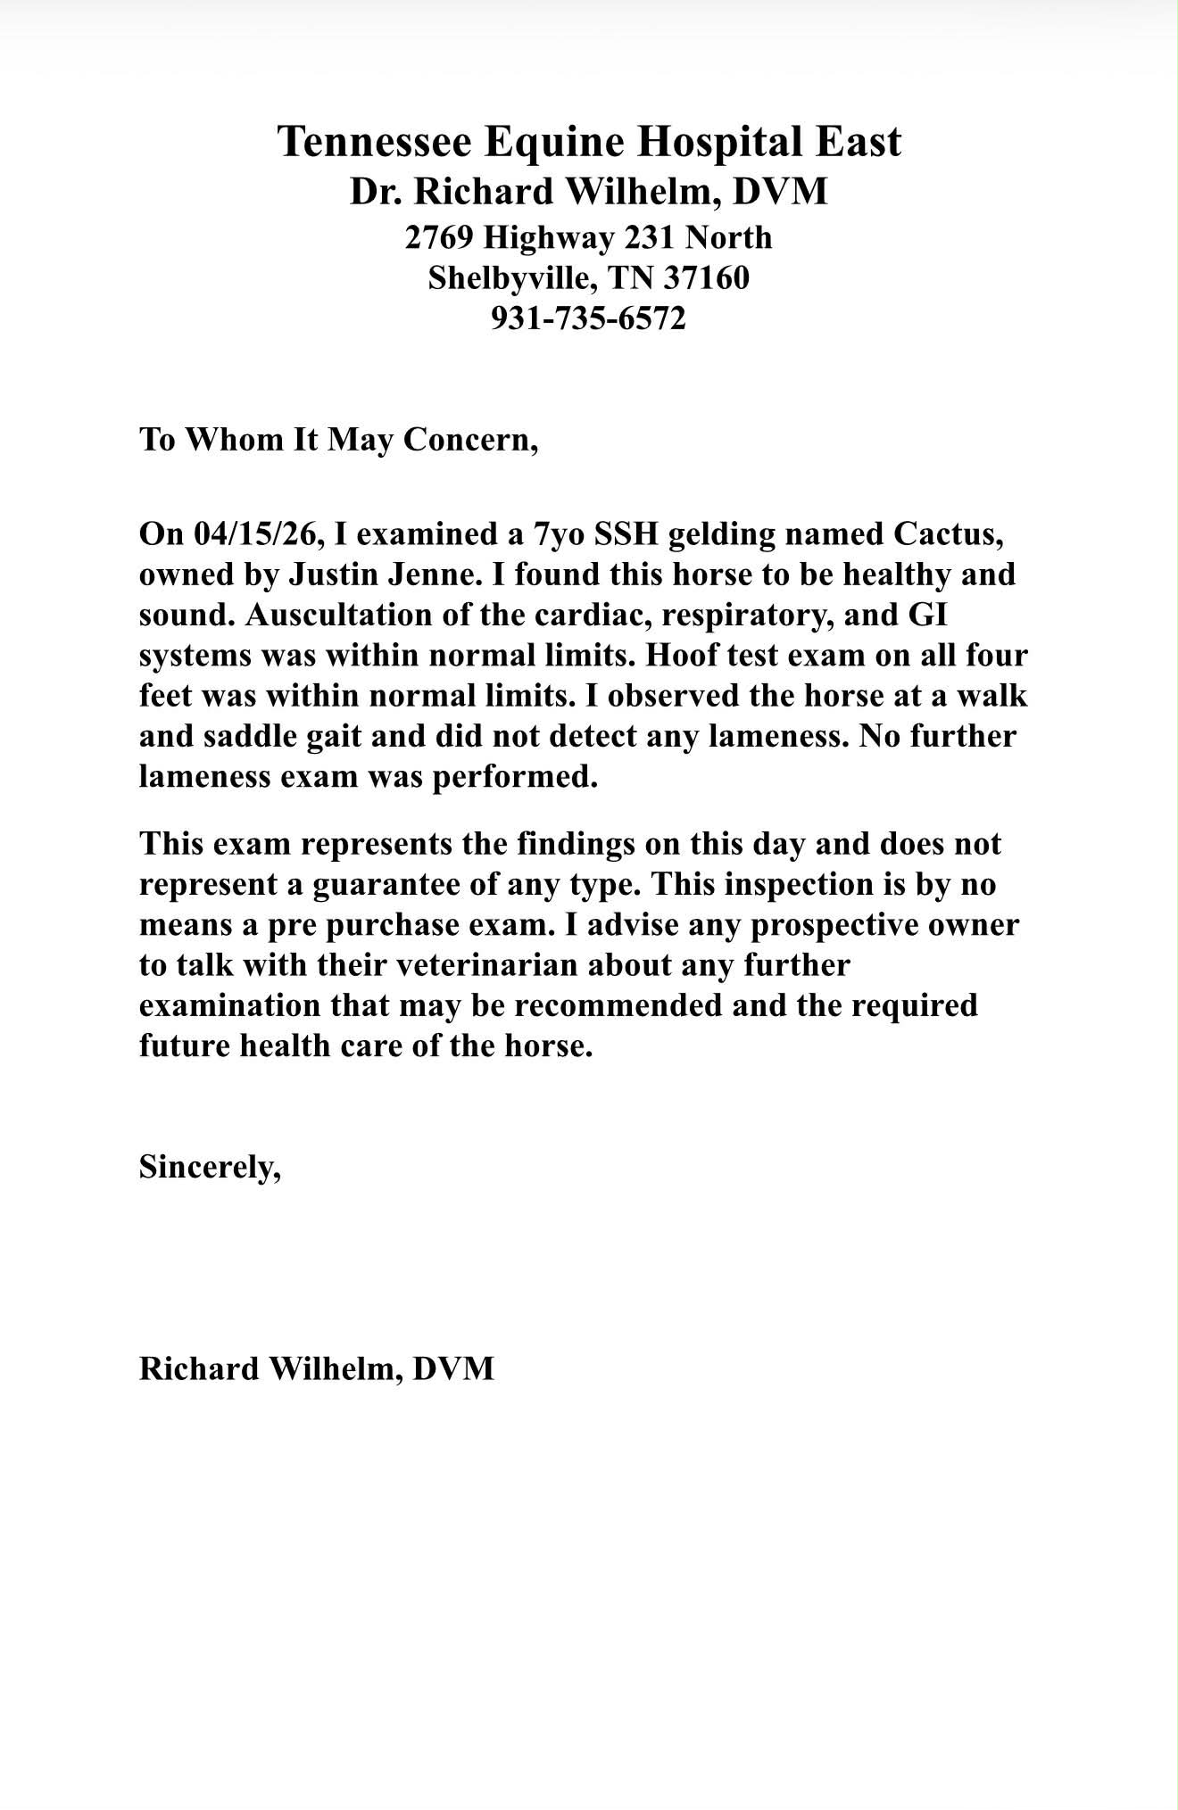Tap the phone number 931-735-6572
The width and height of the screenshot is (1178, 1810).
pyautogui.click(x=589, y=318)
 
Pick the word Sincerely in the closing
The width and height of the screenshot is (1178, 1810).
pyautogui.click(x=209, y=1166)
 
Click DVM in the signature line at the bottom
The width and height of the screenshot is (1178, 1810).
pyautogui.click(x=453, y=1368)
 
